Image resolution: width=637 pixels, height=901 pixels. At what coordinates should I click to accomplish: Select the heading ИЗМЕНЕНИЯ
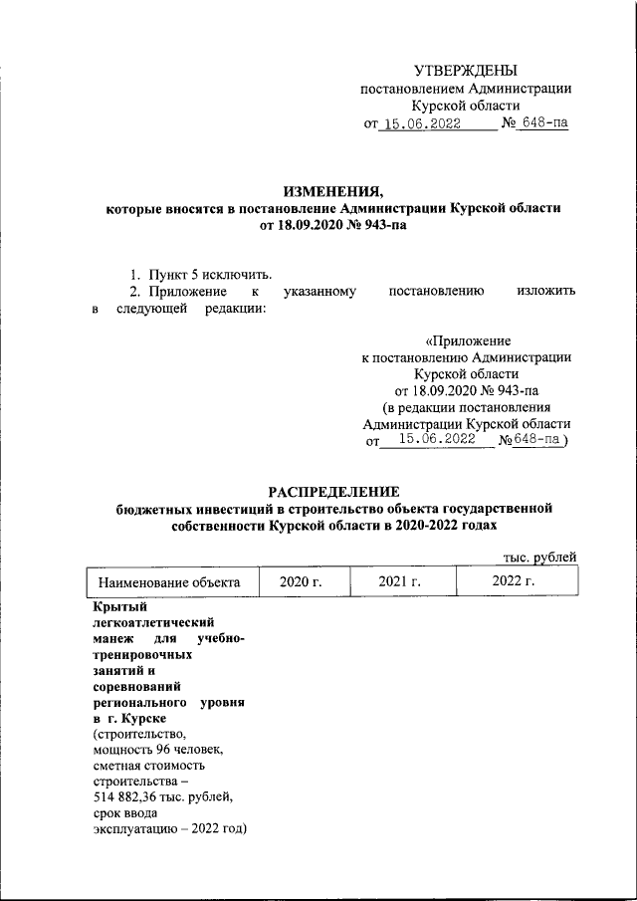[332, 192]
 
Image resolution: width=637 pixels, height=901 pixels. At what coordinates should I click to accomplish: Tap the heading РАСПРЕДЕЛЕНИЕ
[333, 492]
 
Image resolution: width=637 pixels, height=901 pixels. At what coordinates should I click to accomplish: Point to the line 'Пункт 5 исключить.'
[209, 274]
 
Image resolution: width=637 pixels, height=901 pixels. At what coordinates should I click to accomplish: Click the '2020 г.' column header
[304, 582]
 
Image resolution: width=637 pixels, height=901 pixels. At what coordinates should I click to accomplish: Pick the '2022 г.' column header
[514, 582]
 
